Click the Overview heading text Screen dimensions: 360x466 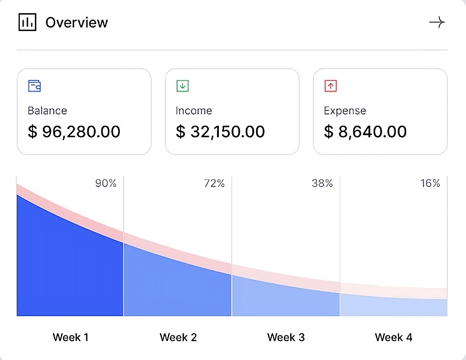coord(76,23)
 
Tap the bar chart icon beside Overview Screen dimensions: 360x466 coord(27,22)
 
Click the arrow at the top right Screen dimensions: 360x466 coord(437,23)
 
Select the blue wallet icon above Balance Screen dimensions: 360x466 coord(34,86)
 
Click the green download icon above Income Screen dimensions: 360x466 coord(183,86)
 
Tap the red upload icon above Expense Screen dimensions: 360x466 coord(331,86)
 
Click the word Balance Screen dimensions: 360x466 coord(47,111)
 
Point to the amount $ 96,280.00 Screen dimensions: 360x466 coord(74,132)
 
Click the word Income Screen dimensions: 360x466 coord(194,111)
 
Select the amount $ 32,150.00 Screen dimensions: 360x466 coord(220,132)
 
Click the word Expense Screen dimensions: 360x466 coord(345,111)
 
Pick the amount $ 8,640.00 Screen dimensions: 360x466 coord(365,132)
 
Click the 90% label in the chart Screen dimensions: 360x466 coord(106,184)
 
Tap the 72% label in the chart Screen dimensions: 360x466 coord(214,184)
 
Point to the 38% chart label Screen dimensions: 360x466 coord(322,184)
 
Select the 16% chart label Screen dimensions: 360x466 coord(430,184)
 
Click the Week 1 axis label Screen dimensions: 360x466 coord(70,337)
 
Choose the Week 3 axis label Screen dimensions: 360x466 coord(286,337)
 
